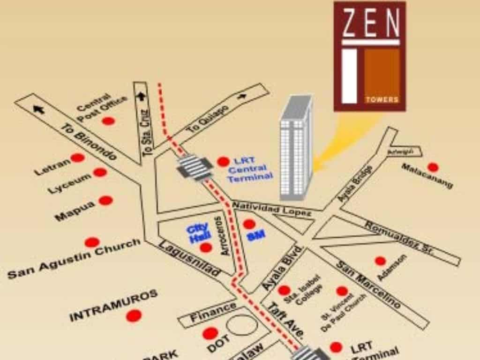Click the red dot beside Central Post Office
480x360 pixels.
[x=108, y=121]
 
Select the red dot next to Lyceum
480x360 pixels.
[x=100, y=172]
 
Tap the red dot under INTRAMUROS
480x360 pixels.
[x=134, y=316]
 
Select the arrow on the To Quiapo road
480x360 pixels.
[x=242, y=96]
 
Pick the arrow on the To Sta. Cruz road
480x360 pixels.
[x=141, y=97]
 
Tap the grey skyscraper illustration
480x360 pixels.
[x=295, y=148]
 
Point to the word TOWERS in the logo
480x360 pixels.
[x=382, y=99]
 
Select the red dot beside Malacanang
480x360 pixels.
[x=433, y=167]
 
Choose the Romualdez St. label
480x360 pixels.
[x=400, y=237]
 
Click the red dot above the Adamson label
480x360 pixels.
[x=380, y=261]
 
